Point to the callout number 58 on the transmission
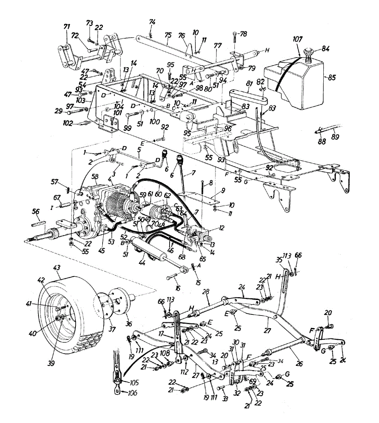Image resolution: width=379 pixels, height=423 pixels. coord(95,176)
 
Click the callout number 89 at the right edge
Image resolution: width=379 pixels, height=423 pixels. coord(335,136)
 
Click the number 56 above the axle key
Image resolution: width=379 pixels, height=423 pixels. coord(36,211)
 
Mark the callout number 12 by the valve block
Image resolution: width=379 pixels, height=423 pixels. coord(221,228)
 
